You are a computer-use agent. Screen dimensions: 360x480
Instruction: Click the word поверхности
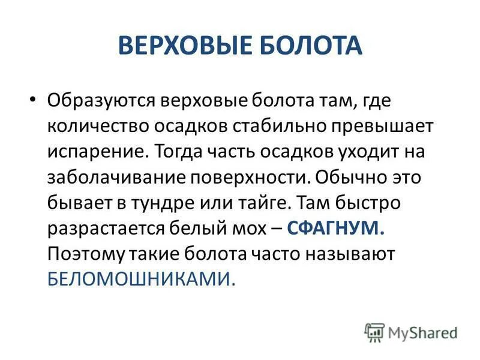point(247,177)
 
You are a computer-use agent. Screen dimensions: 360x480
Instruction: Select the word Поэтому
point(84,254)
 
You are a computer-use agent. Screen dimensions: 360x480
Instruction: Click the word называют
point(352,254)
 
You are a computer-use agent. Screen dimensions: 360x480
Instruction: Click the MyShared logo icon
point(374,332)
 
